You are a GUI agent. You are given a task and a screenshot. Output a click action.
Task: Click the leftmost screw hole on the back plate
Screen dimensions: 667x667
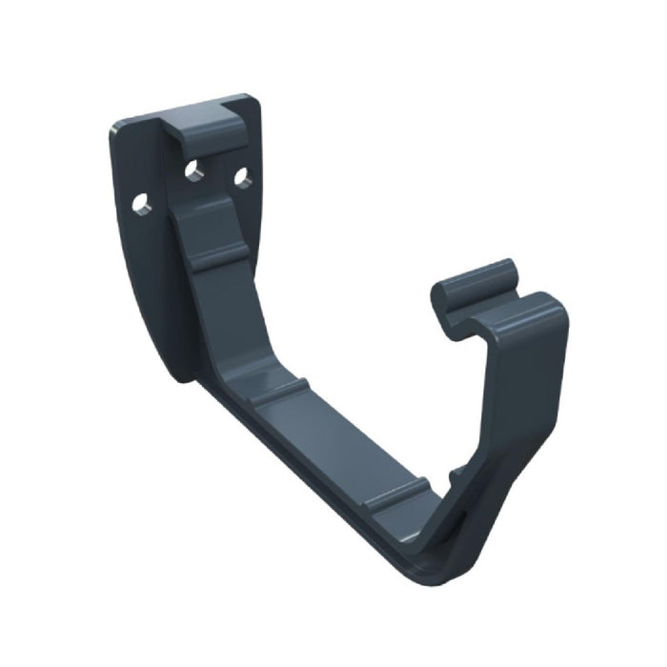click(x=141, y=202)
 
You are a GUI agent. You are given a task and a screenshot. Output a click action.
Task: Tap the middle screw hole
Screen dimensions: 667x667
click(x=193, y=171)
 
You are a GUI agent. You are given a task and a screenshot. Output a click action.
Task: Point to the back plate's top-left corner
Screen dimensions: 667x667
click(x=113, y=127)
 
